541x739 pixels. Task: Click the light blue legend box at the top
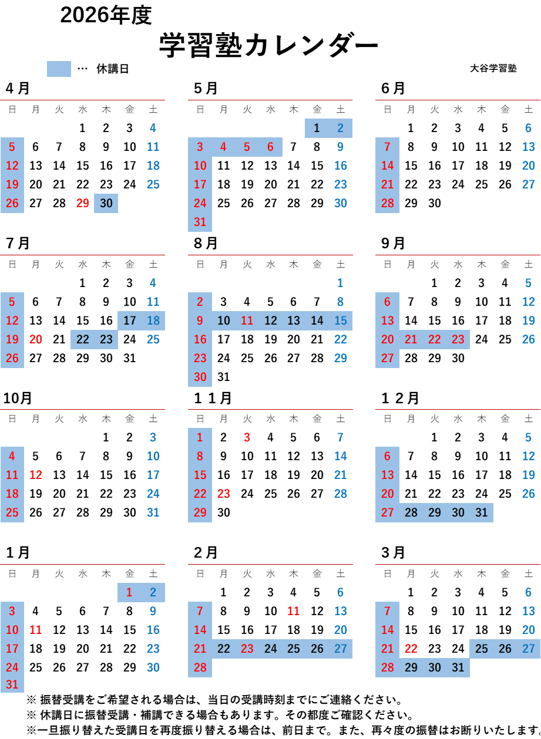(x=59, y=69)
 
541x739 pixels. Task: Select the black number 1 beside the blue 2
(x=317, y=128)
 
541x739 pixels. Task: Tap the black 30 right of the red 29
(x=106, y=203)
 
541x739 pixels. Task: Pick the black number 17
(x=130, y=320)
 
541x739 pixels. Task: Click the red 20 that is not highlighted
(x=36, y=339)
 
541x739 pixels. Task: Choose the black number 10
(x=224, y=320)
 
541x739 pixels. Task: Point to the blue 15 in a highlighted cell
(x=341, y=320)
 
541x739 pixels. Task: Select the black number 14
(x=317, y=320)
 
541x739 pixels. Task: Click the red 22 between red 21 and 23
(x=435, y=339)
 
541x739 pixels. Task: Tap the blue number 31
(x=153, y=512)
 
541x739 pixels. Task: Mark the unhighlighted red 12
(x=36, y=475)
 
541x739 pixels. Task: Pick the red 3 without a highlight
(x=247, y=437)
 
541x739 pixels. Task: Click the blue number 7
(x=341, y=437)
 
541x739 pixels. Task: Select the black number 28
(x=411, y=512)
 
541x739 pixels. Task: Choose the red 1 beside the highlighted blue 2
(x=129, y=592)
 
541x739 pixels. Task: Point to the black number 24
(x=270, y=649)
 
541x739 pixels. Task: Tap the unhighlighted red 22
(x=411, y=649)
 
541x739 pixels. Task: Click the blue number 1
(x=341, y=283)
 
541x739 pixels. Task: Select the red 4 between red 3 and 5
(x=223, y=147)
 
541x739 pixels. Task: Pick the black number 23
(x=106, y=339)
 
